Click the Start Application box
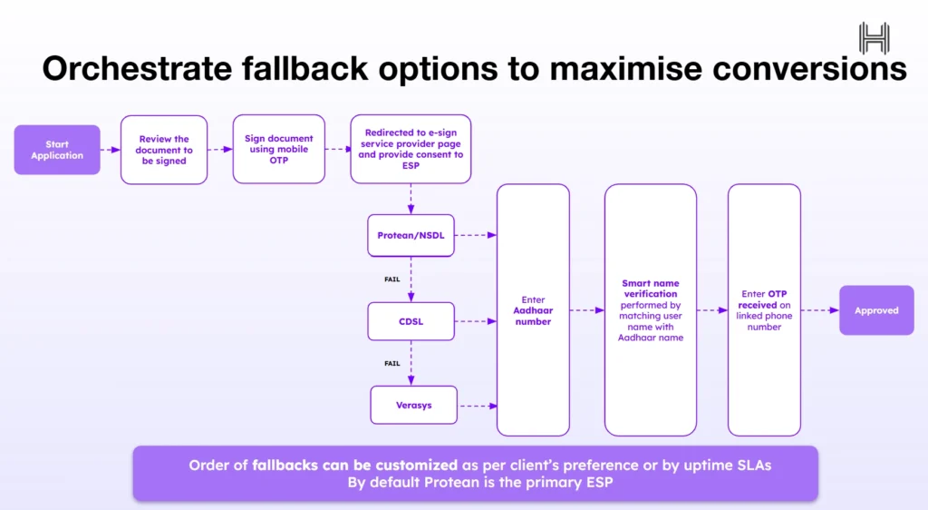[x=57, y=150]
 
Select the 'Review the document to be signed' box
[x=164, y=150]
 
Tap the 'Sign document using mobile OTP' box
[x=278, y=150]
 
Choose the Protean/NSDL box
[x=411, y=235]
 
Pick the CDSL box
[x=411, y=321]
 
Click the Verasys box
[x=413, y=405]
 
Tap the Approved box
[x=876, y=310]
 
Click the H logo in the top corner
[x=875, y=38]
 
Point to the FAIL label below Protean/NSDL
[x=392, y=280]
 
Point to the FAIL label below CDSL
[x=392, y=363]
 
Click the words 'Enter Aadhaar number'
[x=533, y=310]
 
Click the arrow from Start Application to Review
[x=111, y=150]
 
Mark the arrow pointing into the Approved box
[x=820, y=310]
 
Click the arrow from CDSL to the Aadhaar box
[x=476, y=321]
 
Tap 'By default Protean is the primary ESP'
[x=475, y=483]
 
